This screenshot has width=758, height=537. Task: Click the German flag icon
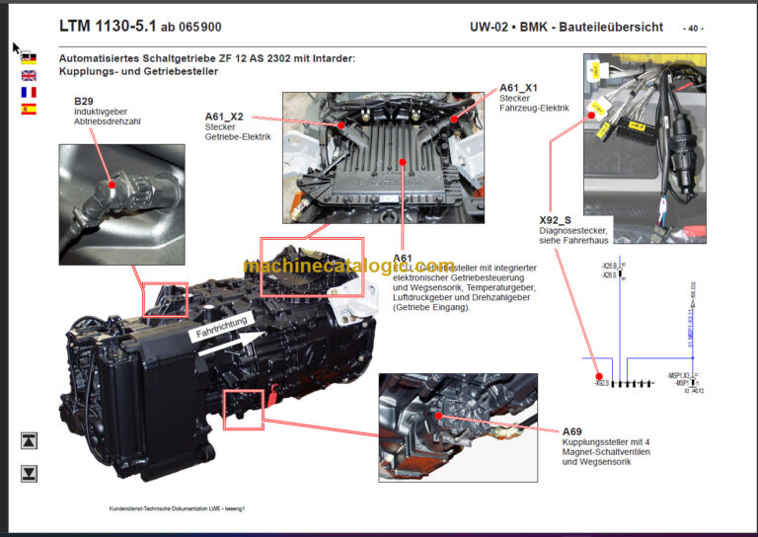[x=29, y=59]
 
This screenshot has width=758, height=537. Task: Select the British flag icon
[x=29, y=76]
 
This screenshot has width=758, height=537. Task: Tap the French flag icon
[x=29, y=93]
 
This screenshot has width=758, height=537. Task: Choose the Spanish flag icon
[x=29, y=110]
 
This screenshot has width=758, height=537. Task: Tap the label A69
[x=573, y=431]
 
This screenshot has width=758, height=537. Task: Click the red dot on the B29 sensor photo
[x=113, y=184]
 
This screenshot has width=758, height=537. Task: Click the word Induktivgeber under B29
[x=101, y=113]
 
